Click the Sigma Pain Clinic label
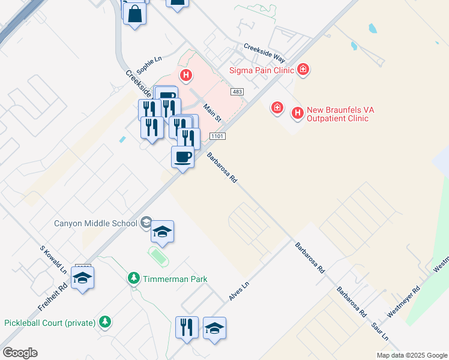pos(262,70)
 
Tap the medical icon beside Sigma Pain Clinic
pos(304,69)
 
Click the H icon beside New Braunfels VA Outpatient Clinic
pos(297,112)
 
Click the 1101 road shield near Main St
pos(217,137)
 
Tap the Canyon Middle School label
pos(95,223)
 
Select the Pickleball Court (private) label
pos(50,323)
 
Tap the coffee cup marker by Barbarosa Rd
pos(183,157)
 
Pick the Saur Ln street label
pos(381,328)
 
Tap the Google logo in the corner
pos(20,353)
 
